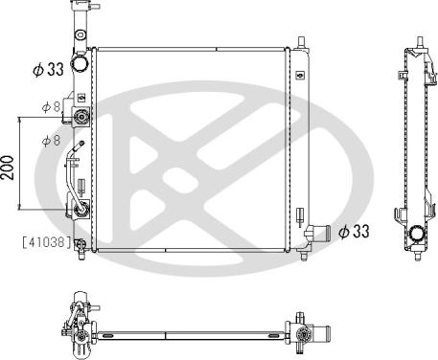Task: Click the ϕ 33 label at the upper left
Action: pos(48,69)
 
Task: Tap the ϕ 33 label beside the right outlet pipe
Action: pos(354,231)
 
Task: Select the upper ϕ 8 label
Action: pos(51,107)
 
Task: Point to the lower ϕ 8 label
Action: pos(51,140)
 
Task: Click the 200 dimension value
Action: pos(8,168)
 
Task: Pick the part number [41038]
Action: pos(47,242)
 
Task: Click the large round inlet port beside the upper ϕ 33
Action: pos(80,63)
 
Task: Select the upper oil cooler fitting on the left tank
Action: pos(81,117)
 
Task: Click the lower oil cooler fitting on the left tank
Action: pos(81,209)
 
